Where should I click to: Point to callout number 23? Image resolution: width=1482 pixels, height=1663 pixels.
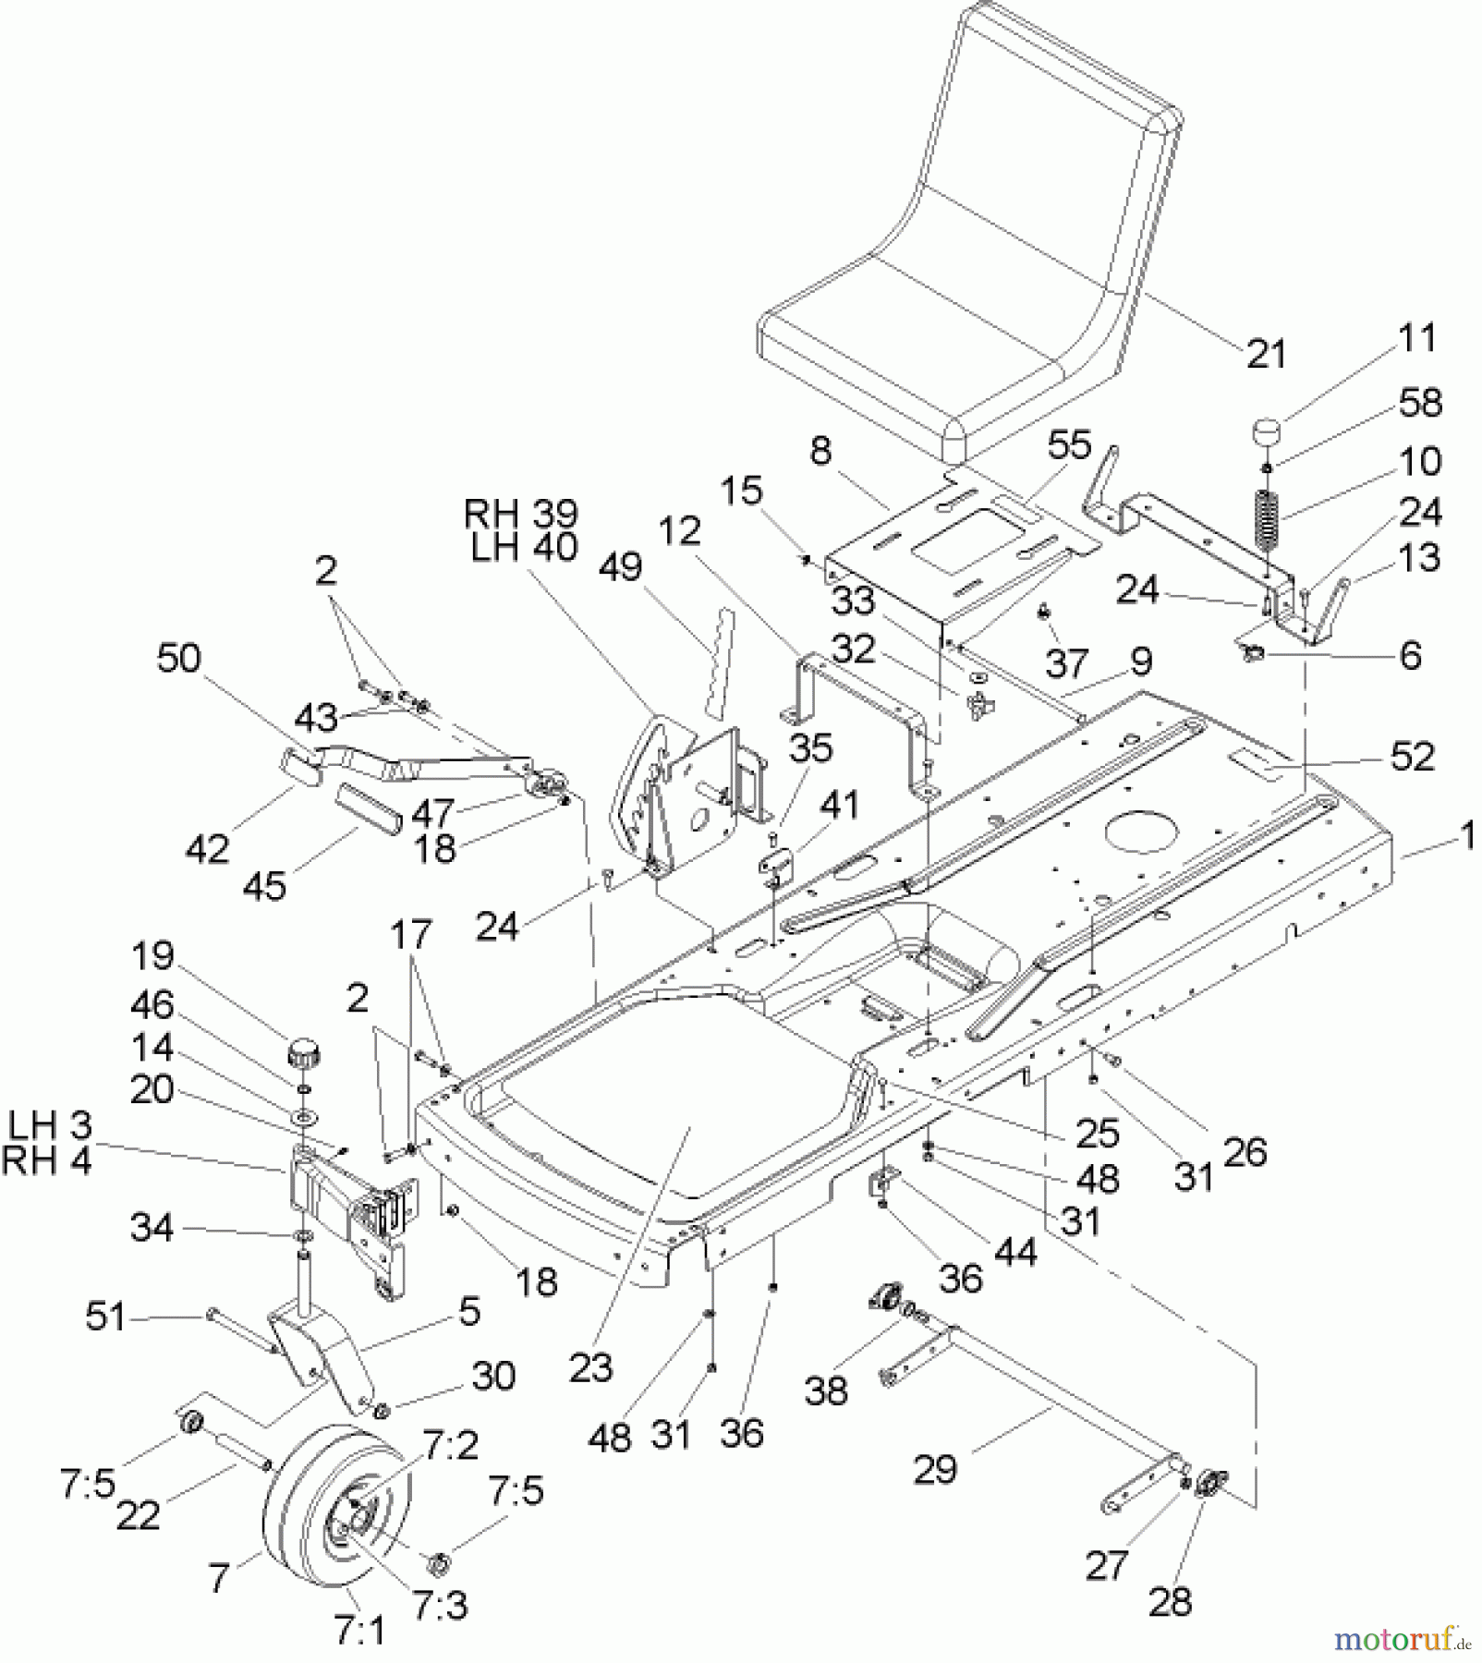tap(589, 1366)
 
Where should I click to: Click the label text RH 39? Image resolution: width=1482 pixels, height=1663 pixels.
tap(520, 514)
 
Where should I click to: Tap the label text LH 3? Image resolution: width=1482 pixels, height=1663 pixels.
tap(50, 1126)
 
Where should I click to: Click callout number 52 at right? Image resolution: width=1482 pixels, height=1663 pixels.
tap(1412, 757)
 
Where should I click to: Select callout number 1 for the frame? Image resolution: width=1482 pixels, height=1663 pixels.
tap(1466, 837)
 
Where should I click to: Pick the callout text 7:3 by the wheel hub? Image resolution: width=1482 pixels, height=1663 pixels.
tap(439, 1606)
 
